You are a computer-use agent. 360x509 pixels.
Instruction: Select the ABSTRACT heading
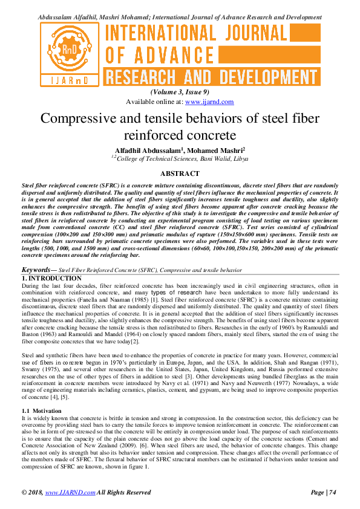(x=180, y=173)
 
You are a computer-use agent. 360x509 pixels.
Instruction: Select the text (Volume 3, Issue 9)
(x=180, y=92)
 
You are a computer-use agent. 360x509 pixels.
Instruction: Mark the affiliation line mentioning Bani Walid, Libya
(x=180, y=158)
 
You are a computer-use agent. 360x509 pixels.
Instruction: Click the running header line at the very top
(x=180, y=18)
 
